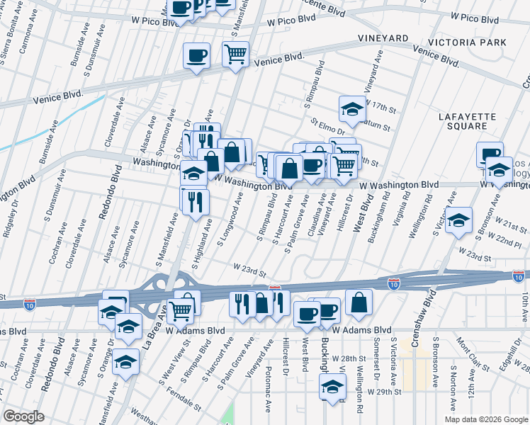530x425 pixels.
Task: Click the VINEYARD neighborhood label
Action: (x=383, y=38)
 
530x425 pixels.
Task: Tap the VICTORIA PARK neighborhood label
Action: (x=471, y=42)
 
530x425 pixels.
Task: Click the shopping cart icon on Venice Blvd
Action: (x=235, y=54)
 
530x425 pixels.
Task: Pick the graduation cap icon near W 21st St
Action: (x=459, y=220)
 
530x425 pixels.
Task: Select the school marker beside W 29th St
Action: (x=332, y=387)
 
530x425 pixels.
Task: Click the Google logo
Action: (x=23, y=416)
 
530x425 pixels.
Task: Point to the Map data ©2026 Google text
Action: (x=486, y=419)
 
